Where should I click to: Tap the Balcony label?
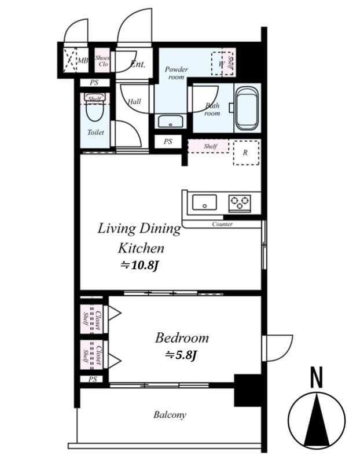tap(170, 414)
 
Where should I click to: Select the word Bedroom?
tap(181, 338)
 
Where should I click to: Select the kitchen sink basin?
tap(204, 203)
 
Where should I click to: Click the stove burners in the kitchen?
tap(240, 202)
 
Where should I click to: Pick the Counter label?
tap(222, 224)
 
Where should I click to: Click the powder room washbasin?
tap(170, 122)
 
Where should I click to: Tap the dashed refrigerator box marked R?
tap(245, 153)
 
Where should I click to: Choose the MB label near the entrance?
tap(83, 60)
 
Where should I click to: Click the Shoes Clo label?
tap(102, 61)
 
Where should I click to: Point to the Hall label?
tap(134, 102)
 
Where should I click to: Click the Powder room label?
tap(176, 73)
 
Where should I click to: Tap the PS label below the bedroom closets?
tap(93, 380)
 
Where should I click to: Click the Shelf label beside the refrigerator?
tap(210, 146)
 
